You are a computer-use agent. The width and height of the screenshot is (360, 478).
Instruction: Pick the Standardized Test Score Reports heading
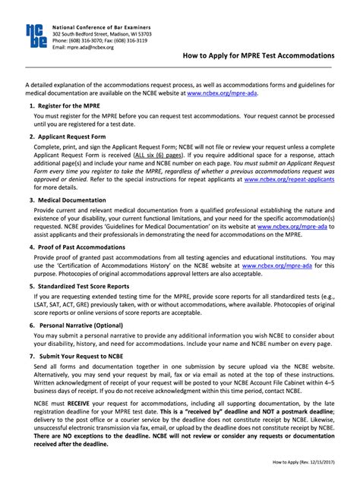[87, 286]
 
